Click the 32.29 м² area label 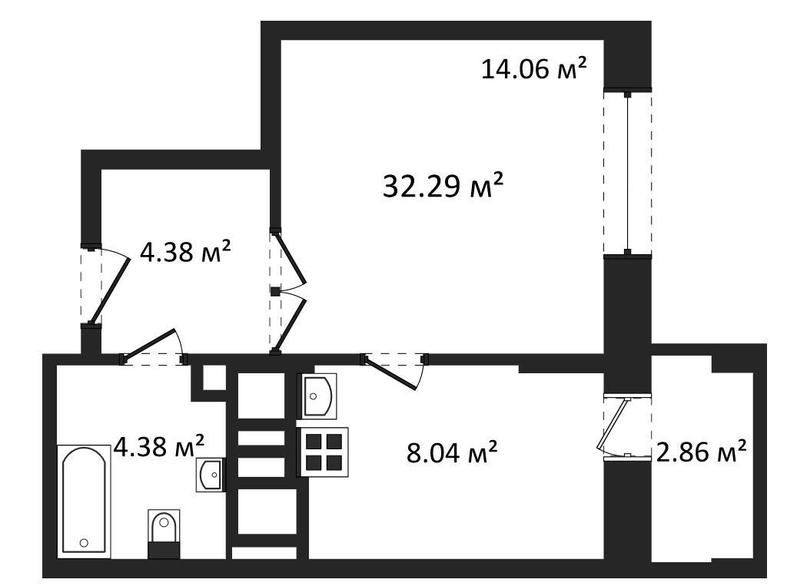click(x=443, y=186)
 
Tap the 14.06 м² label click(x=534, y=68)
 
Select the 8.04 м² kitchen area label click(x=452, y=452)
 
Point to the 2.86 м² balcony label click(x=701, y=452)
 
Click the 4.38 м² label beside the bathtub click(x=159, y=446)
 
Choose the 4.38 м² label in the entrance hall click(x=185, y=251)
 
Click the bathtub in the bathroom click(x=85, y=501)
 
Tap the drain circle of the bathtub click(x=84, y=542)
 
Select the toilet click(x=164, y=534)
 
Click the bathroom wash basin click(x=211, y=475)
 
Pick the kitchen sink click(x=317, y=396)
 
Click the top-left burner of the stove click(x=314, y=442)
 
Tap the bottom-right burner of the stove click(x=334, y=462)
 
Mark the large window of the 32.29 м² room click(x=627, y=173)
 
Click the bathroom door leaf click(x=149, y=344)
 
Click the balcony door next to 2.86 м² click(x=613, y=424)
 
